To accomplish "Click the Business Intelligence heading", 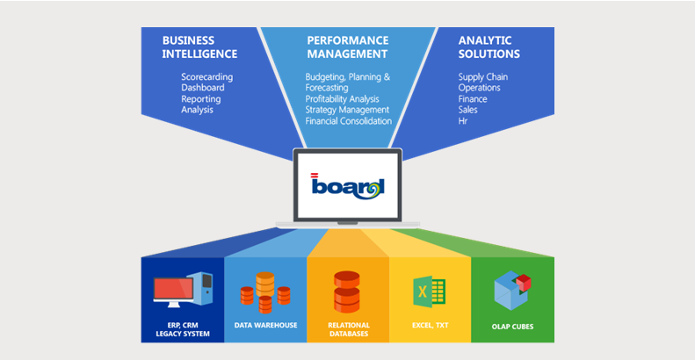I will coord(199,47).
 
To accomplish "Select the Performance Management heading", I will coord(348,47).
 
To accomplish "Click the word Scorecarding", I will coord(208,76).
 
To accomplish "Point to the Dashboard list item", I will coord(203,88).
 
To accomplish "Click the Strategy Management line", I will coord(347,110).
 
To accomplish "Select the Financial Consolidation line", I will coord(348,121).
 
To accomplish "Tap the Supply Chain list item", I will coord(482,76).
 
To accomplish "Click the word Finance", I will coord(473,99).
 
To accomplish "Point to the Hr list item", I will coord(463,121).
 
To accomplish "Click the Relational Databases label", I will coord(348,329).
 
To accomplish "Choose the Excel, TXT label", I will coord(430,326).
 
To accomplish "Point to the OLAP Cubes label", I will coord(513,327).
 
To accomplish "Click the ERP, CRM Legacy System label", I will coord(183,329).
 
